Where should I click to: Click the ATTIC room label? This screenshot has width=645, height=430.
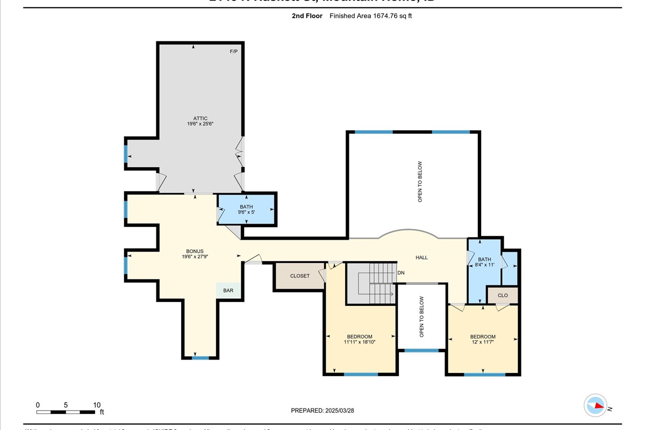point(200,118)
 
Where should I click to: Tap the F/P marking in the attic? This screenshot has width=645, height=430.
point(234,52)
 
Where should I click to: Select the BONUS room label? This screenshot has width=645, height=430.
point(195,251)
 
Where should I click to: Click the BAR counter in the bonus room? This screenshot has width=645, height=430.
point(228,290)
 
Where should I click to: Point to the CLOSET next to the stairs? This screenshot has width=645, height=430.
point(299,276)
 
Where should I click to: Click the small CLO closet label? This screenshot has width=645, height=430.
point(503,295)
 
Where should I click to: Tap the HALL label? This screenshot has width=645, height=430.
point(421,257)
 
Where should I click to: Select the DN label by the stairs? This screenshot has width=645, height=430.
point(400,273)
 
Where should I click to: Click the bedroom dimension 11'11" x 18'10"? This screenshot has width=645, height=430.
point(359,342)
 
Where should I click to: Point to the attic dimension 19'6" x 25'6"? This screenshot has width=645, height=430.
point(200,124)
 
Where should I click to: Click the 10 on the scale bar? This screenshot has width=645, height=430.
point(97,405)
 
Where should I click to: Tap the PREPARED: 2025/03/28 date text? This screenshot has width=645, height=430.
point(322,410)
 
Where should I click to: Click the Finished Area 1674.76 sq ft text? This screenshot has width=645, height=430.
point(371,16)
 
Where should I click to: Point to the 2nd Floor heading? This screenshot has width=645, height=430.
point(307,16)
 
